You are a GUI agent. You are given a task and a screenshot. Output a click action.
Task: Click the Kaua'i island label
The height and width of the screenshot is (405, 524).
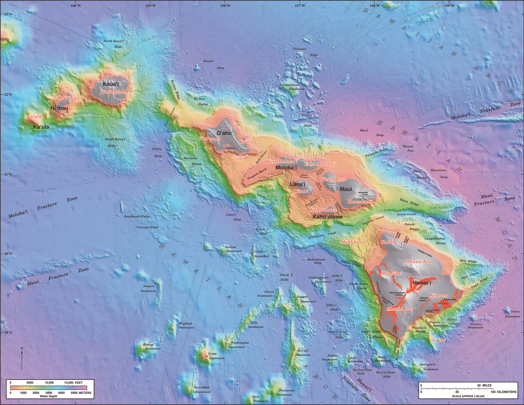tap(111, 84)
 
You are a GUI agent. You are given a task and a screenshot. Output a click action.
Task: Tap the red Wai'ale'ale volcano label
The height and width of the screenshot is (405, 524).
tap(113, 92)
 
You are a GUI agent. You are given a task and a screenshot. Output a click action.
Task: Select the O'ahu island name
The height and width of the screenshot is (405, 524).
tap(224, 133)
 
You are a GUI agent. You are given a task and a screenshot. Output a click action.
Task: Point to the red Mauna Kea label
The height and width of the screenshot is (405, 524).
tap(418, 261)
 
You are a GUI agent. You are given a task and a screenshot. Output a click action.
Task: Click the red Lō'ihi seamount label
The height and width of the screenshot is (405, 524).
tap(439, 340)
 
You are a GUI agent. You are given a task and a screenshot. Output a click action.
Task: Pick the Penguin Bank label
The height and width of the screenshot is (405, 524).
tap(257, 172)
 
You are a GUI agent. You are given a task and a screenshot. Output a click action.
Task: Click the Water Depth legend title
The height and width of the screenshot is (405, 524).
tap(49, 397)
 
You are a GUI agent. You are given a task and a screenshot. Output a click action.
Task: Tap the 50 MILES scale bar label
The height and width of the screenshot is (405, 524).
tap(484, 385)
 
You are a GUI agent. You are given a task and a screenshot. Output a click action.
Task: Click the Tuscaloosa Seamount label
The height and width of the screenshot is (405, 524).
tap(293, 87)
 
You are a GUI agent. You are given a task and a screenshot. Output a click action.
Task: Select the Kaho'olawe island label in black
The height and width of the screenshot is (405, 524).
tap(327, 217)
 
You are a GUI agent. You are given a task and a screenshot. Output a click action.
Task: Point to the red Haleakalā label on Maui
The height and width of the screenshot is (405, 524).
tap(360, 202)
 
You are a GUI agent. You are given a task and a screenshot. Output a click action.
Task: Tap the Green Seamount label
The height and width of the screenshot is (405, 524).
tap(512, 314)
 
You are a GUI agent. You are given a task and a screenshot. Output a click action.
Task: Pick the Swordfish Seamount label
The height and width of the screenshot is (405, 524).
tap(202, 389)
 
